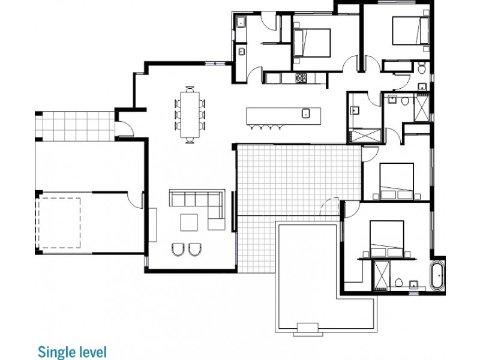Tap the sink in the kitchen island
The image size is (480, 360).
(x=306, y=113)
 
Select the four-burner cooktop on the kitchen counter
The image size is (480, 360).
(x=301, y=78)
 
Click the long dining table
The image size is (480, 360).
(x=190, y=115)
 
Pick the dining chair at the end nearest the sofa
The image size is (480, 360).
(x=190, y=140)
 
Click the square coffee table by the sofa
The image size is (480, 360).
(x=189, y=223)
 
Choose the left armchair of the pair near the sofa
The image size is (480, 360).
(x=178, y=250)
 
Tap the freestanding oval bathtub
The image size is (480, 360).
(x=437, y=275)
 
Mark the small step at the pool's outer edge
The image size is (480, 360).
(x=308, y=329)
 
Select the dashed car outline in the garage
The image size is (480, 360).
(x=58, y=223)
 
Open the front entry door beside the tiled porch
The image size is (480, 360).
(x=125, y=128)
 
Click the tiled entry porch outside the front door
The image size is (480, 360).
(x=76, y=126)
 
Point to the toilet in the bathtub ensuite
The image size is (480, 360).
(x=398, y=283)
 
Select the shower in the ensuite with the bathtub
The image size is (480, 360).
(x=382, y=276)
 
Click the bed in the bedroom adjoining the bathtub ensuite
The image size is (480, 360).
(x=386, y=238)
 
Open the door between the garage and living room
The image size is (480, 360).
(x=134, y=200)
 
